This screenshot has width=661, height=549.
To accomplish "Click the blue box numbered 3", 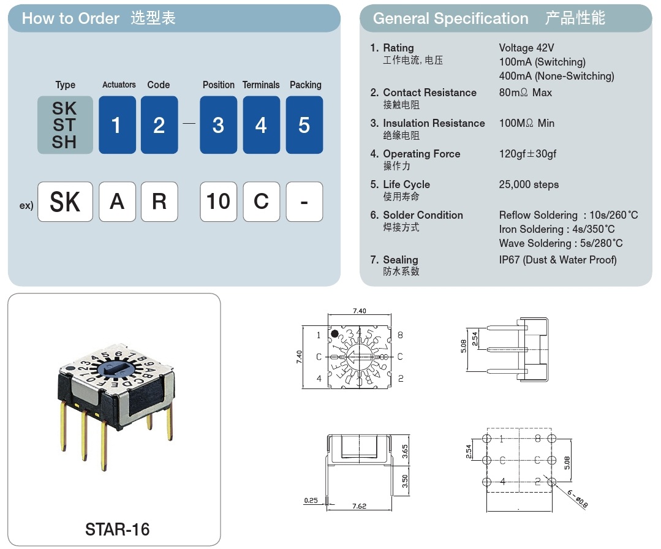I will [218, 125].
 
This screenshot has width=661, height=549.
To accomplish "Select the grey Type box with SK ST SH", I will [65, 125].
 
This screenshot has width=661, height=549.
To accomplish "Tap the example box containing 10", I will [218, 202].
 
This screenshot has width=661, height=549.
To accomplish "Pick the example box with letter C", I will [261, 202].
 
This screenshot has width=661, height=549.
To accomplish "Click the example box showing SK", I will [65, 202].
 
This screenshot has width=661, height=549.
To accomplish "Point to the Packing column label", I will [305, 85].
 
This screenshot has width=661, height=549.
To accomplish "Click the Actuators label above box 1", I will [119, 85].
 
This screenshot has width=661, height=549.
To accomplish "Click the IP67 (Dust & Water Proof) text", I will [557, 260].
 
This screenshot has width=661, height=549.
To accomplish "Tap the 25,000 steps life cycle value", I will [529, 184].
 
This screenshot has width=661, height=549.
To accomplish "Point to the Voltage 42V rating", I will [526, 48].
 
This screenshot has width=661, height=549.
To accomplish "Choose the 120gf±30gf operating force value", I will [527, 154].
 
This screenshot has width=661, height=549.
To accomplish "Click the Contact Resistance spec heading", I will [429, 93].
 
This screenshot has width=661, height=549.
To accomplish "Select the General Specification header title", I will [450, 18].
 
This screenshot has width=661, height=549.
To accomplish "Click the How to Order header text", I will [70, 18].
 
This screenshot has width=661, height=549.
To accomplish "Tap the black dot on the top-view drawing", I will [336, 333].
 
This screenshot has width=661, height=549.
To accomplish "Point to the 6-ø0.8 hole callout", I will [577, 501].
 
